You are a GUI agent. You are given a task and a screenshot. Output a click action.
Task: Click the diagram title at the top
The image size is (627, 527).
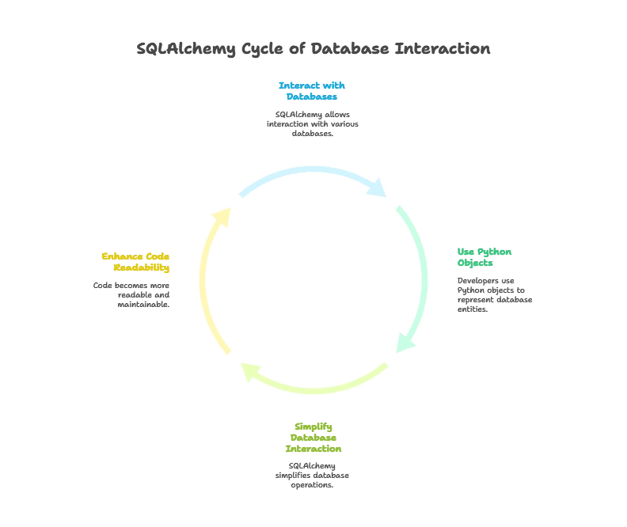[313, 49]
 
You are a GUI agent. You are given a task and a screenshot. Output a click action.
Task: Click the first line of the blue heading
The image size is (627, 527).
[313, 84]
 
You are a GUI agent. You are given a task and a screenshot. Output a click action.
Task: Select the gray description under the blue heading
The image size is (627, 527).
[313, 122]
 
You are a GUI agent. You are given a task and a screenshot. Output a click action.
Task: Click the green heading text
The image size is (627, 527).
[484, 259]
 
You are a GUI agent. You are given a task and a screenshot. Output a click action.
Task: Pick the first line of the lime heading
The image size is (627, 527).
[313, 425]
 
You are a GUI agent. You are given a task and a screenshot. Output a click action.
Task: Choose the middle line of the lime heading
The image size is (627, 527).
[313, 437]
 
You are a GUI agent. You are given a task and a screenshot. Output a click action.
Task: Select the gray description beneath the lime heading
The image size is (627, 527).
[313, 476]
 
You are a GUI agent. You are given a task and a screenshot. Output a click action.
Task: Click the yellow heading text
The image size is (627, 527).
[136, 261]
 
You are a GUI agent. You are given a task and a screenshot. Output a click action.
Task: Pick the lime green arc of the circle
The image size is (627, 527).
[317, 386]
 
